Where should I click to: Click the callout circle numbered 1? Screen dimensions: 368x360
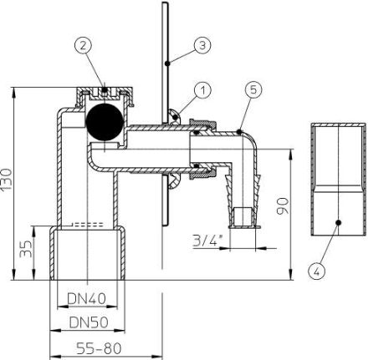click(x=203, y=90)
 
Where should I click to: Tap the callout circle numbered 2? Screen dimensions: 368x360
click(x=84, y=46)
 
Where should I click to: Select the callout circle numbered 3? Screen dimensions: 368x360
click(x=202, y=45)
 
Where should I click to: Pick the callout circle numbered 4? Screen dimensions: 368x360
click(x=317, y=271)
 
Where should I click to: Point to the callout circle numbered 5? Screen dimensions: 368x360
click(x=253, y=90)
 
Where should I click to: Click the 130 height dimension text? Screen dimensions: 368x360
click(x=7, y=180)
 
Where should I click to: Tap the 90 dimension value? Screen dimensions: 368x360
click(x=282, y=206)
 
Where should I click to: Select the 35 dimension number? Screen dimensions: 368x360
click(x=26, y=249)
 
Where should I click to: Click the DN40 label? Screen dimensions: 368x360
click(x=87, y=299)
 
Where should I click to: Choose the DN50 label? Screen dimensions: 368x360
click(x=89, y=322)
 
